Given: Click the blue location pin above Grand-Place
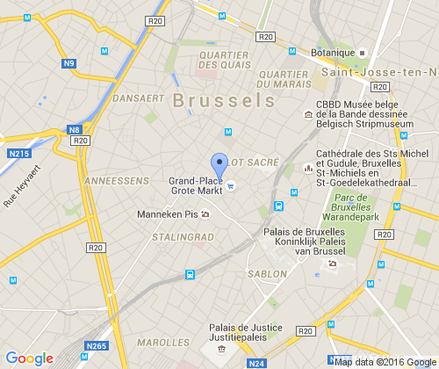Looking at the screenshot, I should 219,164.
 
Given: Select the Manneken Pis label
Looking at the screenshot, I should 168,213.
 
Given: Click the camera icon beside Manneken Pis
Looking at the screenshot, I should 205,213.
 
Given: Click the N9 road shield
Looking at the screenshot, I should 69,63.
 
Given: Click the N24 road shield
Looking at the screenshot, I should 256,362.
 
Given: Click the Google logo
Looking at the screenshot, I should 30,358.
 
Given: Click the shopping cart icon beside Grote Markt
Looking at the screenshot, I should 231,184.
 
